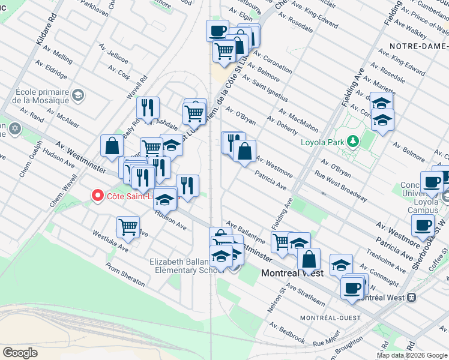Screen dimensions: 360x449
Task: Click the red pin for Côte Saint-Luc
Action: [97, 196]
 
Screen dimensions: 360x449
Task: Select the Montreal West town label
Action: [292, 273]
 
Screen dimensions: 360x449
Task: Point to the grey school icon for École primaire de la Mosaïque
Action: [77, 95]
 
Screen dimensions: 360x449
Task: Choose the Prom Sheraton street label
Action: [125, 274]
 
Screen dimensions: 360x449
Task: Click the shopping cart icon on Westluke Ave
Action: [128, 227]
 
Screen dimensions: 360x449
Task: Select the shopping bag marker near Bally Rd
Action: [112, 145]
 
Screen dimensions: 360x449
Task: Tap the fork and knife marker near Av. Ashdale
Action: [148, 108]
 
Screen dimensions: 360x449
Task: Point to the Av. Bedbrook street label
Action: [287, 332]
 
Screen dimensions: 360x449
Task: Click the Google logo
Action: [20, 353]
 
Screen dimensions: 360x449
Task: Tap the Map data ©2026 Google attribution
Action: [412, 355]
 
